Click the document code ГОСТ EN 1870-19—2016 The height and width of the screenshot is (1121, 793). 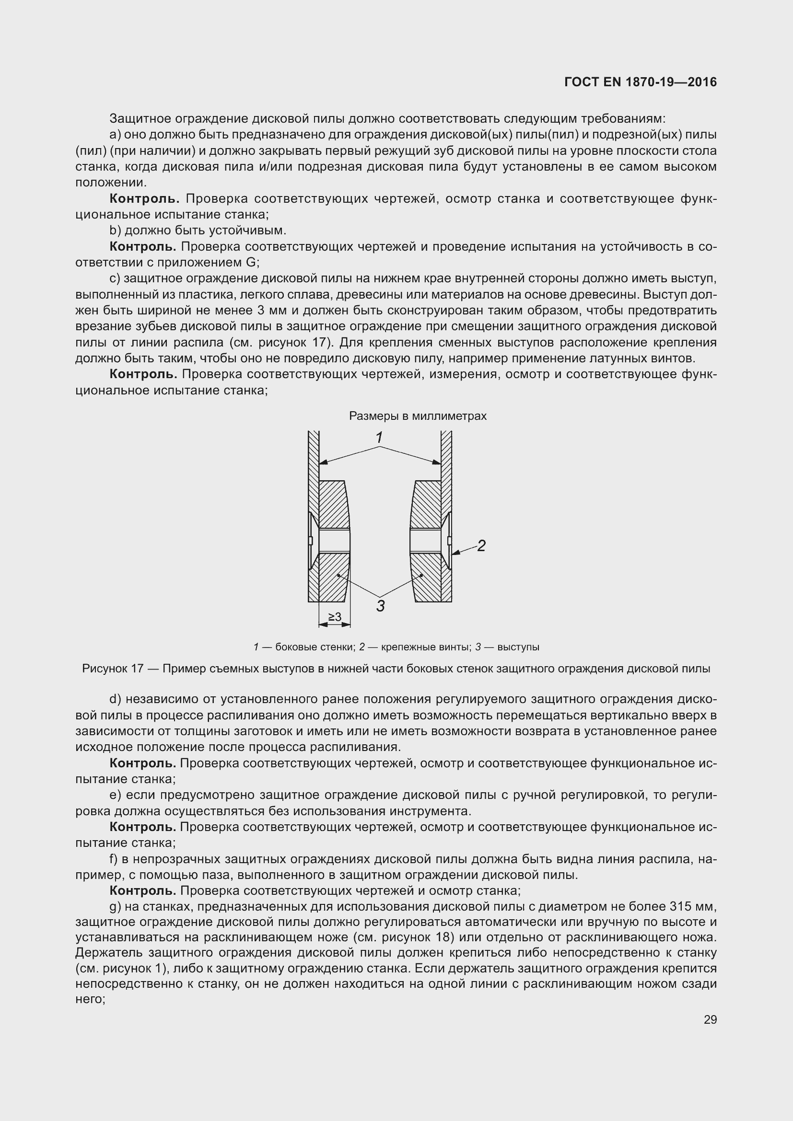(640, 81)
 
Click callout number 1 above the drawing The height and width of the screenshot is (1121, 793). (379, 438)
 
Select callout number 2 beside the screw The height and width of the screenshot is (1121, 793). (481, 546)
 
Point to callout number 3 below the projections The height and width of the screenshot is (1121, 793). (380, 606)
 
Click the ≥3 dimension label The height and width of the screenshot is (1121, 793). (335, 617)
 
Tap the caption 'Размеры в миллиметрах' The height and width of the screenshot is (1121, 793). (418, 416)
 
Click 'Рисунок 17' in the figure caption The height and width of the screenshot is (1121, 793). (112, 669)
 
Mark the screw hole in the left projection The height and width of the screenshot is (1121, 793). (334, 541)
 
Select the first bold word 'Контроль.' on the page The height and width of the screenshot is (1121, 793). (142, 199)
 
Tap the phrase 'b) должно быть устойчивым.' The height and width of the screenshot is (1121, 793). (198, 231)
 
